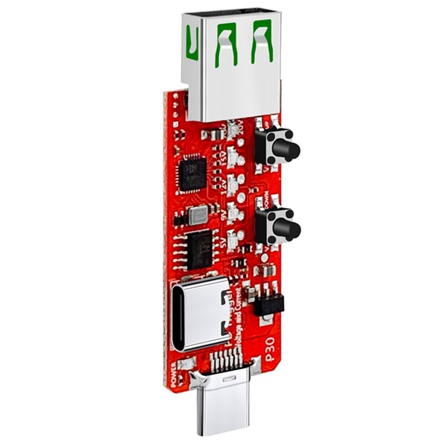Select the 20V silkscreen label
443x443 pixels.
pyautogui.click(x=225, y=128)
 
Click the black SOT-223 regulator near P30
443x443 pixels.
pyautogui.click(x=270, y=303)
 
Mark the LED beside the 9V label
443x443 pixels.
pyautogui.click(x=233, y=213)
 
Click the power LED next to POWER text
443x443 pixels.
pyautogui.click(x=188, y=365)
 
